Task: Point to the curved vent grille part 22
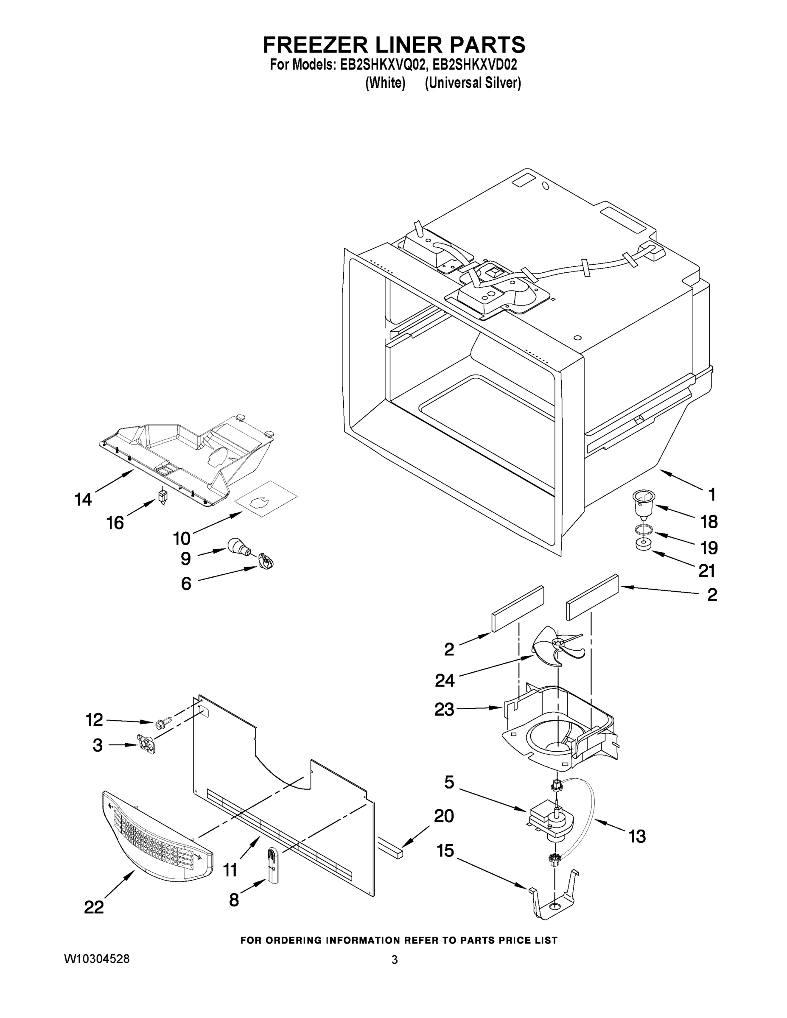[156, 837]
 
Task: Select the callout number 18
[709, 522]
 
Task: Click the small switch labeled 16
[163, 495]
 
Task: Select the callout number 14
[84, 500]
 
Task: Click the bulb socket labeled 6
[266, 561]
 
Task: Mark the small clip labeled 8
[272, 866]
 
